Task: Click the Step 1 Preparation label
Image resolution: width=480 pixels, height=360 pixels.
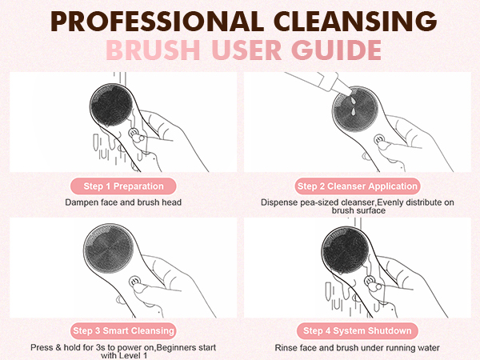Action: coord(123,186)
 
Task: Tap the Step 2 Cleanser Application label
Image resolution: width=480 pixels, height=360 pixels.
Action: coord(357,186)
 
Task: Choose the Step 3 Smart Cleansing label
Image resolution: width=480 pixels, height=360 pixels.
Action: coord(123,330)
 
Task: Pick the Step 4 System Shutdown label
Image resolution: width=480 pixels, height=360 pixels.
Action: coord(357,330)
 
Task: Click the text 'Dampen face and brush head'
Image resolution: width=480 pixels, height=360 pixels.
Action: coord(123,202)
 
